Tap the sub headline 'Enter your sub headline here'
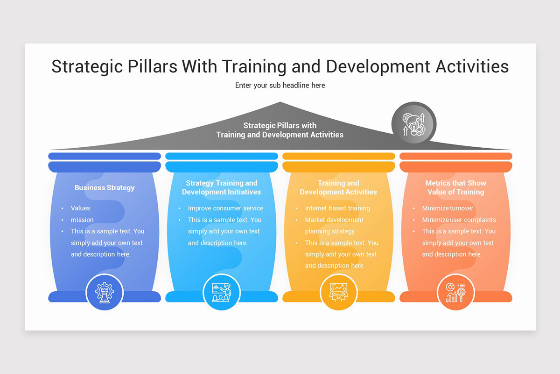pos(280,86)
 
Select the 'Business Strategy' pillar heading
pos(105,188)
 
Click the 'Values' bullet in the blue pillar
pos(80,209)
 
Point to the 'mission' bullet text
pos(82,220)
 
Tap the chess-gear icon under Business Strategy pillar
pos(105,292)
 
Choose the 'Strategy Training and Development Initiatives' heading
pos(222,187)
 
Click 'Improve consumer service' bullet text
pos(225,209)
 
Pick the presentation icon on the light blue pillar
pos(222,292)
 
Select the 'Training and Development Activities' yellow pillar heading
pos(338,187)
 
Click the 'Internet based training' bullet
pos(337,209)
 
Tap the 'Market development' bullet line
pos(334,220)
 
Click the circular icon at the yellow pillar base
pos(339,292)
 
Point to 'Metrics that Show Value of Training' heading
pos(455,187)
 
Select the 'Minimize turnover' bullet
pos(448,209)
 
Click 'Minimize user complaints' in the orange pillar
pos(459,220)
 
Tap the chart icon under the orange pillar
pos(455,292)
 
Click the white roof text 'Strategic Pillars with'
pos(280,126)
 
